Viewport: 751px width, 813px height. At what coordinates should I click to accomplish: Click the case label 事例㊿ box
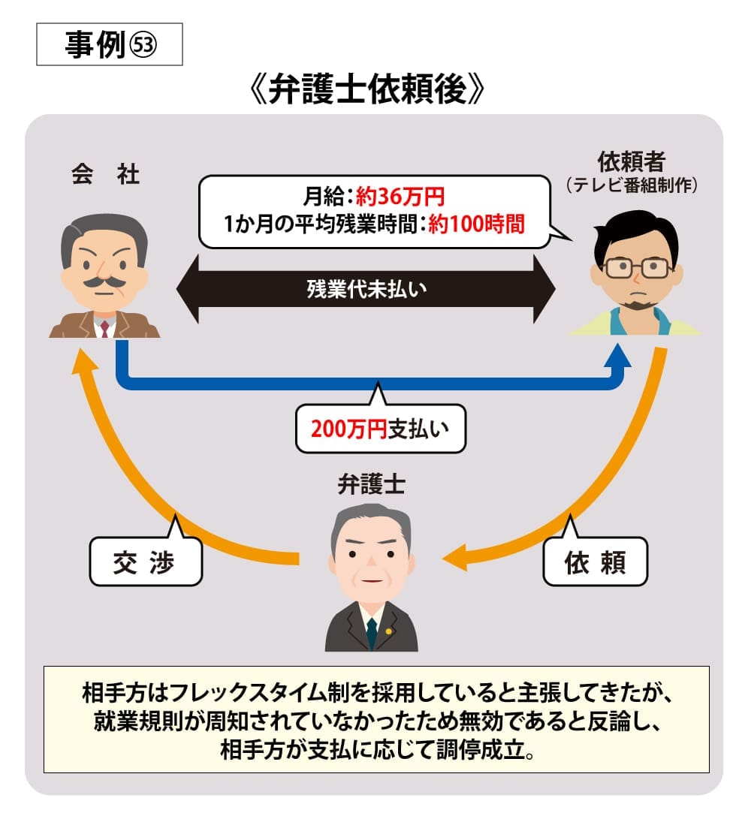coord(110,46)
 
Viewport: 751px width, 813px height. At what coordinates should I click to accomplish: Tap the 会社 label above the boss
coord(105,175)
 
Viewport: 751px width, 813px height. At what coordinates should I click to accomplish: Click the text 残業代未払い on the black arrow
coord(366,289)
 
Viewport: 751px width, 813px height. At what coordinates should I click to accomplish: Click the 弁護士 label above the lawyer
coord(372,484)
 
